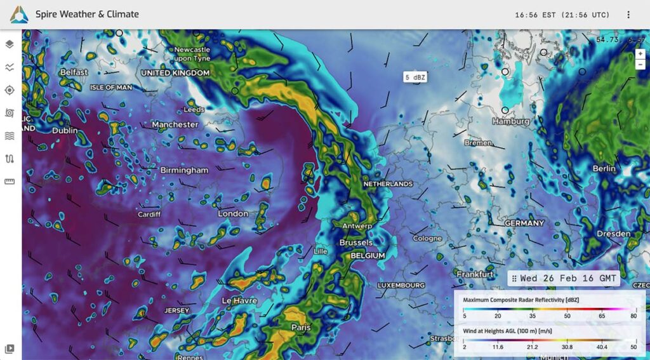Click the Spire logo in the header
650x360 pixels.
[18, 14]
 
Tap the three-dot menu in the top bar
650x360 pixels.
[628, 15]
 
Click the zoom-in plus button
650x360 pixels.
[640, 54]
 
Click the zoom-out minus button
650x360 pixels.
[640, 64]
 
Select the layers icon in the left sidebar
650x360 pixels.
[10, 44]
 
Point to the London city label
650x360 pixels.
[233, 213]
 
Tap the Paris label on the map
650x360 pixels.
[301, 328]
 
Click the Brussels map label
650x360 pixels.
[356, 243]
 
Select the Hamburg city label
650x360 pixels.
[510, 121]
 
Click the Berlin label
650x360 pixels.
[604, 168]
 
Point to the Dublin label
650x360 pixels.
[65, 131]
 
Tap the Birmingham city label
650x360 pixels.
[184, 170]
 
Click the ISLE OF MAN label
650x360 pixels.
[111, 87]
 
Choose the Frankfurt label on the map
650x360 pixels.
[475, 274]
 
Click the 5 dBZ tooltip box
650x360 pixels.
[415, 77]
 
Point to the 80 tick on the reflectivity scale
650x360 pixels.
[633, 316]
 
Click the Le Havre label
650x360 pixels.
[239, 300]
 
